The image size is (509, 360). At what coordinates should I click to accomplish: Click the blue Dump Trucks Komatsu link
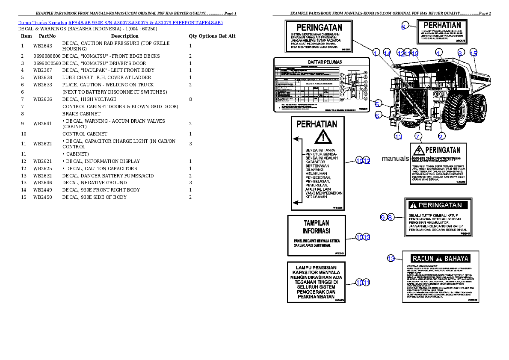point(120,23)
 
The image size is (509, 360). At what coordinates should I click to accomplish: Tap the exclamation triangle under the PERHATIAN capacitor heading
point(323,137)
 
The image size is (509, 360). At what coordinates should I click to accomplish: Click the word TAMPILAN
point(317,223)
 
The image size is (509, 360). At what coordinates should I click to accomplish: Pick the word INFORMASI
point(317,231)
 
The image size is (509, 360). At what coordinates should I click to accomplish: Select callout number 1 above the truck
point(376,53)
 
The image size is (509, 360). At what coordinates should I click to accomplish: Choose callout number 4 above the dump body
point(438,53)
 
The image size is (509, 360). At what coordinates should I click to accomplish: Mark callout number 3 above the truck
point(460,53)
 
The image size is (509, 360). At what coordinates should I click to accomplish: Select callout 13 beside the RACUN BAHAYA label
point(391,258)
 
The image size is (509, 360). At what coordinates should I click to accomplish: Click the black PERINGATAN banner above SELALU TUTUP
point(438,205)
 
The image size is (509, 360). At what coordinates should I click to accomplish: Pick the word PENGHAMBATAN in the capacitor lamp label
point(316,296)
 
